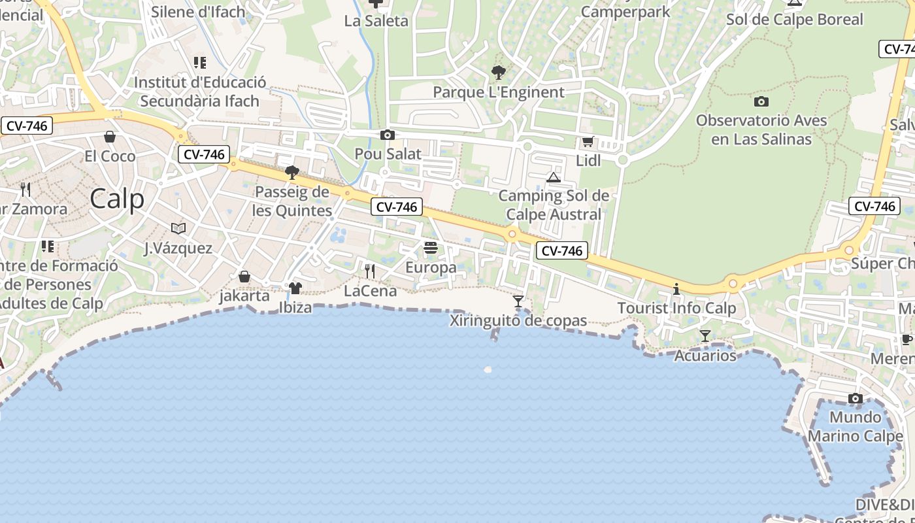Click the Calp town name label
pyautogui.click(x=117, y=198)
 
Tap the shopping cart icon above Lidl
pyautogui.click(x=588, y=142)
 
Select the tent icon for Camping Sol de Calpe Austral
pyautogui.click(x=554, y=177)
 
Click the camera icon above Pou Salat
pyautogui.click(x=388, y=135)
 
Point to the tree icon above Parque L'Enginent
pyautogui.click(x=499, y=72)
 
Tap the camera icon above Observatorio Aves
pyautogui.click(x=761, y=101)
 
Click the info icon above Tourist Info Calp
pyautogui.click(x=676, y=289)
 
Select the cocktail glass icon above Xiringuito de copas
pyautogui.click(x=518, y=301)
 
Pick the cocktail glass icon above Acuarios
pyautogui.click(x=705, y=336)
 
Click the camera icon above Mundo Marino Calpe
pyautogui.click(x=855, y=398)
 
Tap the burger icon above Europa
pyautogui.click(x=431, y=248)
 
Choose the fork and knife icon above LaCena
pyautogui.click(x=370, y=271)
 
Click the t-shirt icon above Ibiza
pyautogui.click(x=295, y=288)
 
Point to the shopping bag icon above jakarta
pyautogui.click(x=244, y=277)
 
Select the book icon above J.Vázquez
pyautogui.click(x=178, y=228)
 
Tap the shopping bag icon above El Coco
pyautogui.click(x=110, y=137)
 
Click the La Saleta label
pyautogui.click(x=376, y=21)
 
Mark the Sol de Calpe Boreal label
pyautogui.click(x=795, y=20)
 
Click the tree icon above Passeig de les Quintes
pyautogui.click(x=292, y=173)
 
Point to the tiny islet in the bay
pyautogui.click(x=488, y=369)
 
